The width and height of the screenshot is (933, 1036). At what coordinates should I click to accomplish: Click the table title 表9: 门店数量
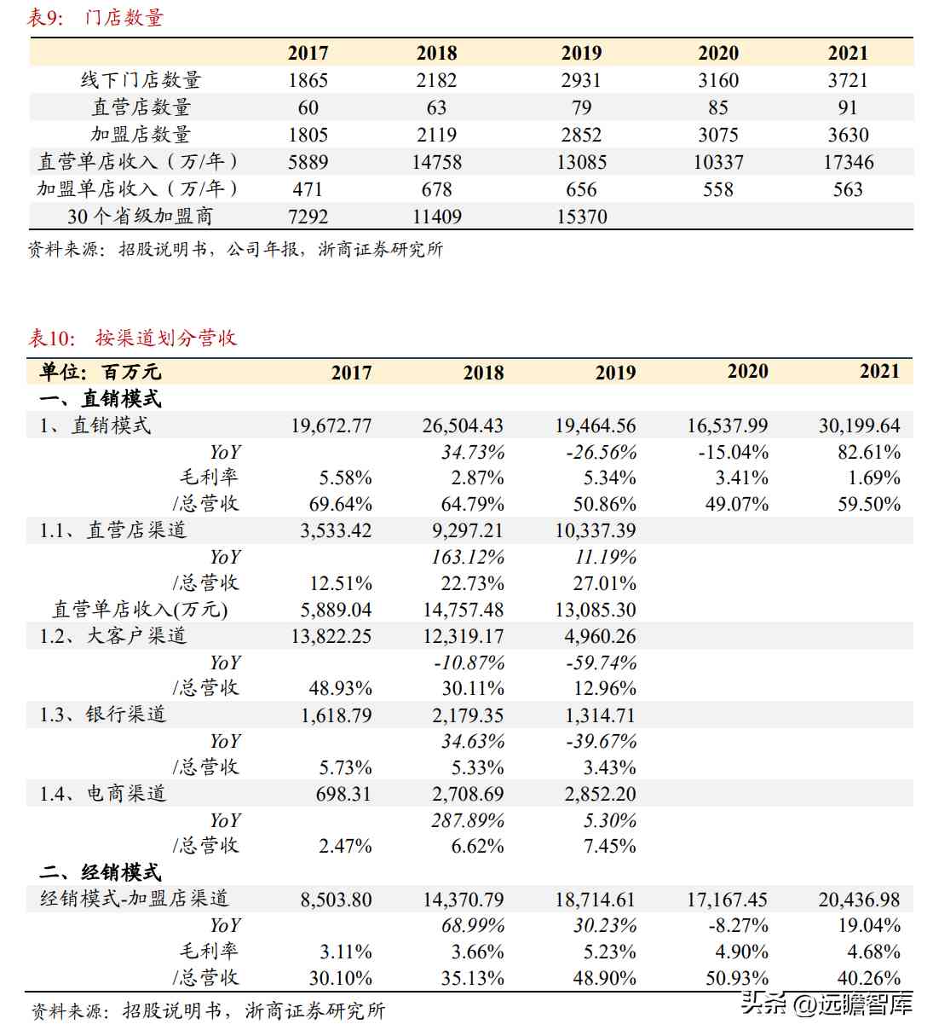point(95,17)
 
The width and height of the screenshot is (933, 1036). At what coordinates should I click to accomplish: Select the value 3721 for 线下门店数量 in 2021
point(847,80)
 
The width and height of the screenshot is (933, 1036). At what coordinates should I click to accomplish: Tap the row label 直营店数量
point(141,107)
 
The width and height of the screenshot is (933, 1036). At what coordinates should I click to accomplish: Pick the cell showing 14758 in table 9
point(436,162)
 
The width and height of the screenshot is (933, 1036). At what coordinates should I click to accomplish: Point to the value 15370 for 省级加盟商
point(581,217)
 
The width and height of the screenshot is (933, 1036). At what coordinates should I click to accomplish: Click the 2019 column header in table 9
point(581,53)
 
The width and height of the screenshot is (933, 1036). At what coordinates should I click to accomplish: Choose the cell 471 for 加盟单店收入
point(308,189)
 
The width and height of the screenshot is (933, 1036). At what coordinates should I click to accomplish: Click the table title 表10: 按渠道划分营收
point(132,338)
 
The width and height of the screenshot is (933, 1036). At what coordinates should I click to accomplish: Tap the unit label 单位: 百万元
point(100,372)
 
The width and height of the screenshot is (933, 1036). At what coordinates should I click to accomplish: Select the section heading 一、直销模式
point(100,398)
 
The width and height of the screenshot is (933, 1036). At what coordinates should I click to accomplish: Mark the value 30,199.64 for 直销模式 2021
point(859,425)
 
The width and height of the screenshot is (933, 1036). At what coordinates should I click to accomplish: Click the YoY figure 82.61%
point(868,452)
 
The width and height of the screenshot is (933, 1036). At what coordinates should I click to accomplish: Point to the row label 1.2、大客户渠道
point(112,636)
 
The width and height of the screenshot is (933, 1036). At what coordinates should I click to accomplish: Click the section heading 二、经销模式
point(100,872)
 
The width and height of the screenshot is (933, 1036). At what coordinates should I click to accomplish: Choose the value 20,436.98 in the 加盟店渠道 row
point(859,900)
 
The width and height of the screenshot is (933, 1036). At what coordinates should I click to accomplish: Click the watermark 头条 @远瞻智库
point(826,1004)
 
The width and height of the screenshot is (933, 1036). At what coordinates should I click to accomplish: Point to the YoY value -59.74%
point(601,663)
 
